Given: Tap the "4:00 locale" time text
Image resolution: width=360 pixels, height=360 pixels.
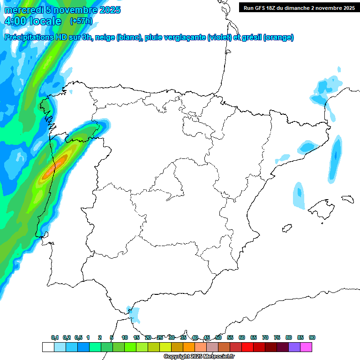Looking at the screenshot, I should coord(32,21).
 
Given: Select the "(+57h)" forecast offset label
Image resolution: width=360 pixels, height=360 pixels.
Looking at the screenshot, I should coord(81,21).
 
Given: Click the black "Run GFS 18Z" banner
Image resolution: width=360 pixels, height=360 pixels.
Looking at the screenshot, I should coord(299,8).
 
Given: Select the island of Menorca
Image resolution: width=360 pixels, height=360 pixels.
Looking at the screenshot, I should coord(347,199).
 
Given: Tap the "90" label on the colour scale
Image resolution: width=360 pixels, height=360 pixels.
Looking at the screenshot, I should coord(312,338).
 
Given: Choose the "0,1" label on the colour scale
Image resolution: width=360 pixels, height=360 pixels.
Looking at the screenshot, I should coord(55,338).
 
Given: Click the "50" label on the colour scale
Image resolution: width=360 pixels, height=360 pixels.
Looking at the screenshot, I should coord(218,338).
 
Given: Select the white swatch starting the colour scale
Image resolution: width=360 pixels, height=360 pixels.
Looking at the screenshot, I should coord(48,347).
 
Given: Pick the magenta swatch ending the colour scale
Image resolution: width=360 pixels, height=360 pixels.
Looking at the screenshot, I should coord(306,347).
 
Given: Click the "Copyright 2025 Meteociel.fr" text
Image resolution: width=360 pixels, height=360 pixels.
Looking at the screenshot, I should coord(199,356).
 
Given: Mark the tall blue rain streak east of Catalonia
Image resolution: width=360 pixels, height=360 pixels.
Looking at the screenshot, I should coord(334,159).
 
